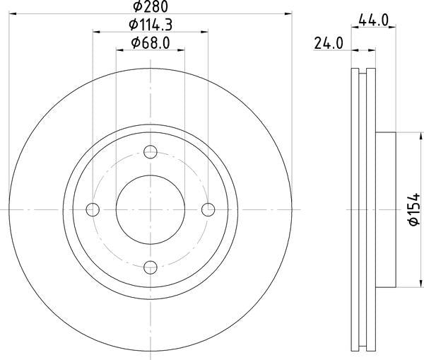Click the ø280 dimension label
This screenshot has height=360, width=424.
pyautogui.click(x=149, y=6)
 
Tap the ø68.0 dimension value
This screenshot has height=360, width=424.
pyautogui.click(x=151, y=44)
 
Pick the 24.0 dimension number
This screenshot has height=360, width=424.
pyautogui.click(x=329, y=44)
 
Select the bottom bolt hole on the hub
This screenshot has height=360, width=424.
pyautogui.click(x=151, y=267)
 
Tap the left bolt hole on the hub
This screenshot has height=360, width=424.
pyautogui.click(x=93, y=209)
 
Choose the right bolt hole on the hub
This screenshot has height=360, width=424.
pyautogui.click(x=208, y=209)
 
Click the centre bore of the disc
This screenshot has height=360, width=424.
pyautogui.click(x=151, y=209)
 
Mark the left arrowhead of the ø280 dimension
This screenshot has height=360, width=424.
pyautogui.click(x=12, y=13)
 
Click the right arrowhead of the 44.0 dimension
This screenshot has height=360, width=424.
pyautogui.click(x=392, y=29)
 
